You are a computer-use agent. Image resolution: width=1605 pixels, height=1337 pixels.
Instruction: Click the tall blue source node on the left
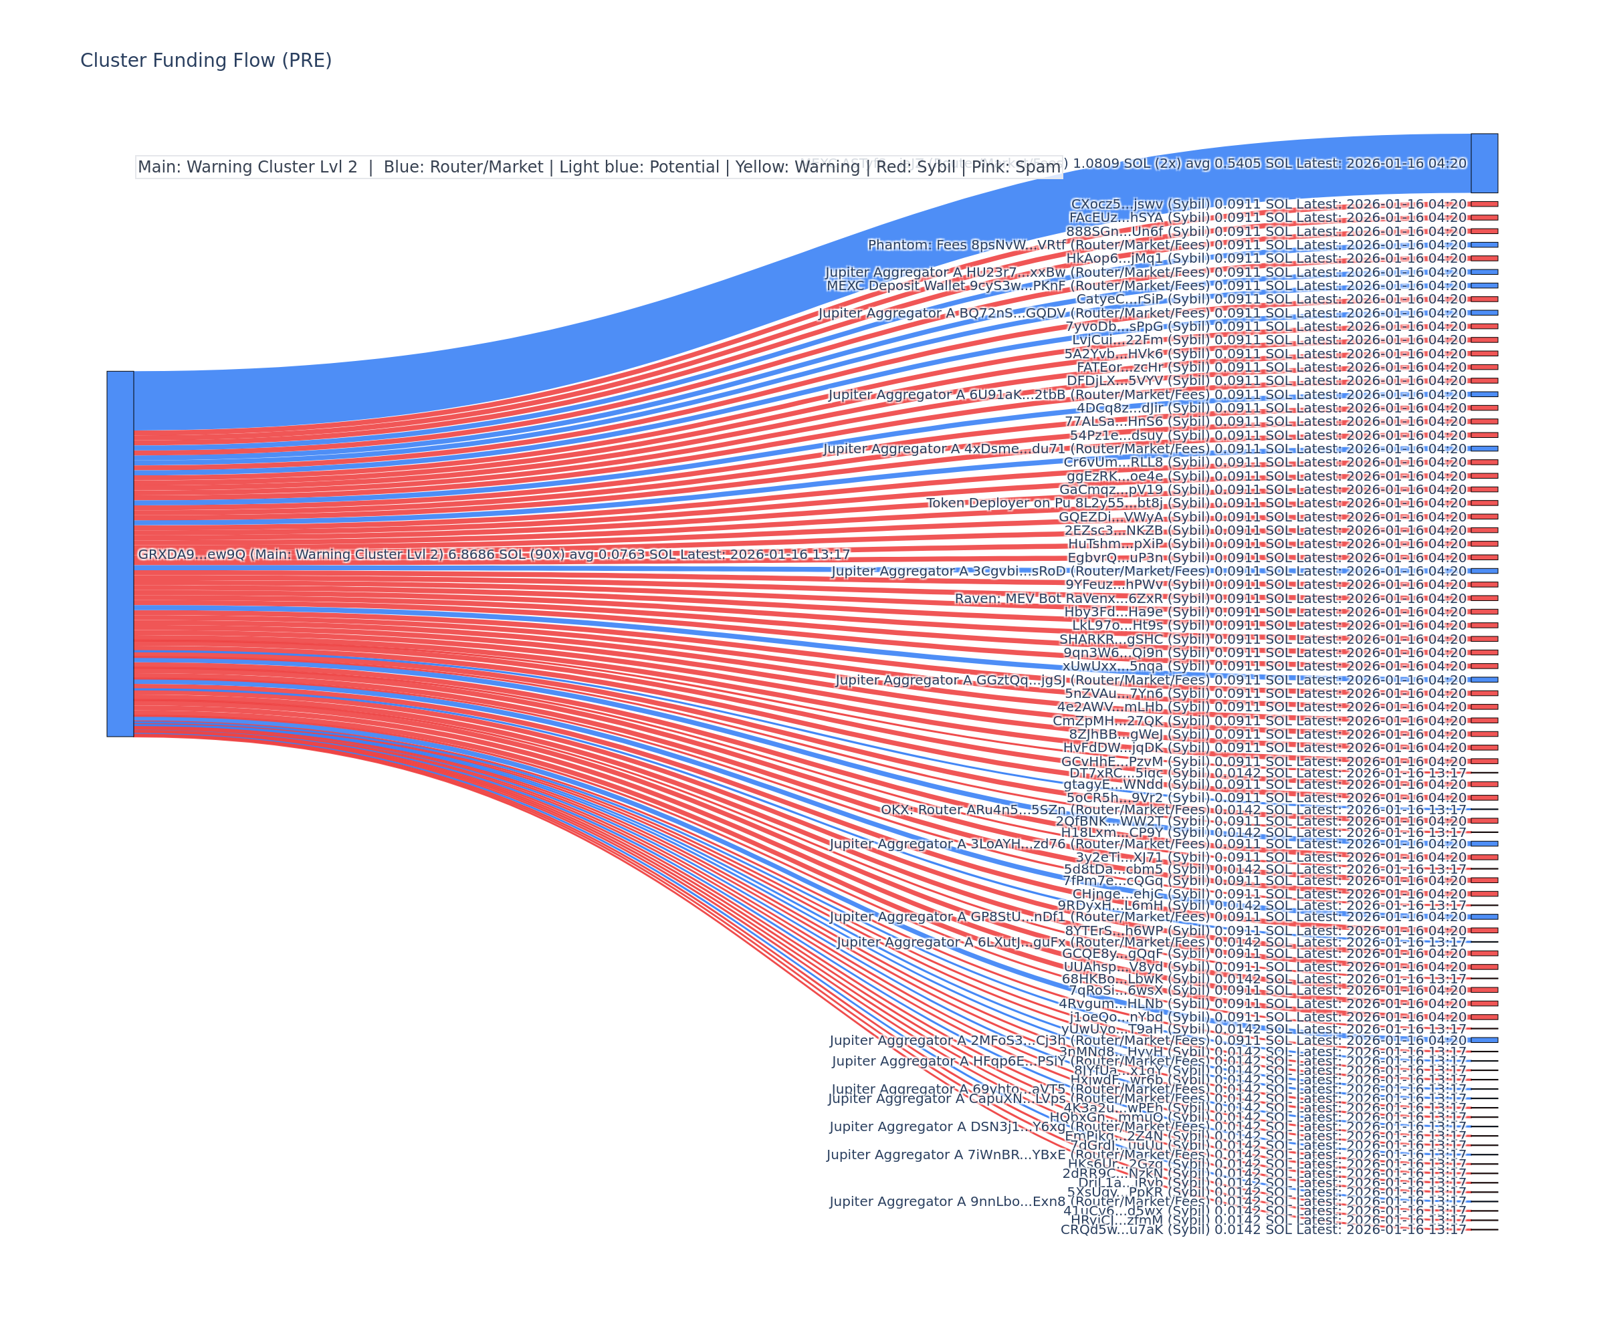[x=120, y=554]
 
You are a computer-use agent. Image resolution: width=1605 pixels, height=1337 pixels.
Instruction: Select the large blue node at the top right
[x=1483, y=162]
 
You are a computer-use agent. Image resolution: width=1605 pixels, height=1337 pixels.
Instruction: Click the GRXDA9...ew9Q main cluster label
[x=493, y=555]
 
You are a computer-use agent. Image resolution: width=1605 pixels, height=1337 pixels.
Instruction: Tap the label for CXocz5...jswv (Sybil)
[x=1268, y=204]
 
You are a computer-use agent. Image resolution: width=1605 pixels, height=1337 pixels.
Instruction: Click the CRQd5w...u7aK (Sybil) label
[x=1263, y=1229]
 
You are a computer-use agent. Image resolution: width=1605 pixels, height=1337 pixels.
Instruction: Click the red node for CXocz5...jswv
[x=1483, y=204]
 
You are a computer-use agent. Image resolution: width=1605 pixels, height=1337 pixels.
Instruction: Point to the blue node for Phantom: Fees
[x=1483, y=245]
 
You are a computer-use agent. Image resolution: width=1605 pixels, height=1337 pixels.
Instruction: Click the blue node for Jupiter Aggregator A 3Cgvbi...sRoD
[x=1483, y=571]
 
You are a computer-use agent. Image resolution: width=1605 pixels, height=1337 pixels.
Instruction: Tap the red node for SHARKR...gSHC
[x=1483, y=638]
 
